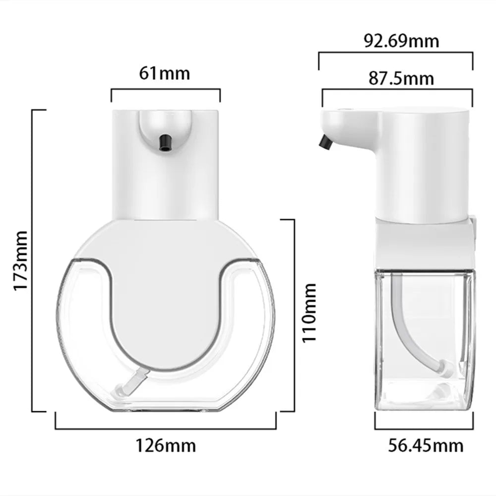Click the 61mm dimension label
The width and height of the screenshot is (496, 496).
tap(165, 73)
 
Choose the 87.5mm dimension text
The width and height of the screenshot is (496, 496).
tap(401, 78)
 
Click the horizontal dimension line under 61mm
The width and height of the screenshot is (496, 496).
tap(165, 90)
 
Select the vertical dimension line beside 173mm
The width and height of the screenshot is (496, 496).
tap(33, 260)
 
